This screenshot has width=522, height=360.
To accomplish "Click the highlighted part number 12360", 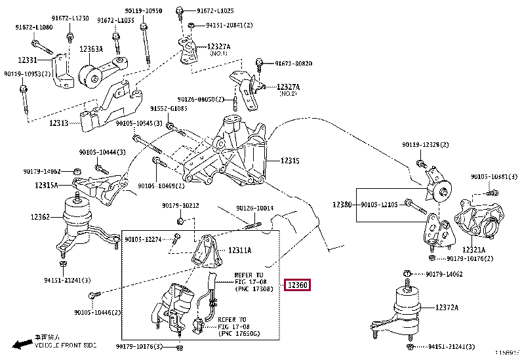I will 296,285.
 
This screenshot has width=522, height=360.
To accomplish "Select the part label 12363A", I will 92,49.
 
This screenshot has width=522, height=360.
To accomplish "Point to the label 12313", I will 59,123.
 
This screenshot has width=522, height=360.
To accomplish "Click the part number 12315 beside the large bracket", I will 290,161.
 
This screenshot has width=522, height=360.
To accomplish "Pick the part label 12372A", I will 449,307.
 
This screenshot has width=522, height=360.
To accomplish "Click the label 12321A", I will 473,249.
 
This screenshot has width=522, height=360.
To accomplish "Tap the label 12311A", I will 241,250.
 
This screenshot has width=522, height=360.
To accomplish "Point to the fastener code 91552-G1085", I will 169,108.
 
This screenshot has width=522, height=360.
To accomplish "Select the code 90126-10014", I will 255,209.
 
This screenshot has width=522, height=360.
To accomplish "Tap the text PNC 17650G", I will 238,334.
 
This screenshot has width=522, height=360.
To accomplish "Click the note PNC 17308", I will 254,289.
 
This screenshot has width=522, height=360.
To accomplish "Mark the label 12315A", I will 47,186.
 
